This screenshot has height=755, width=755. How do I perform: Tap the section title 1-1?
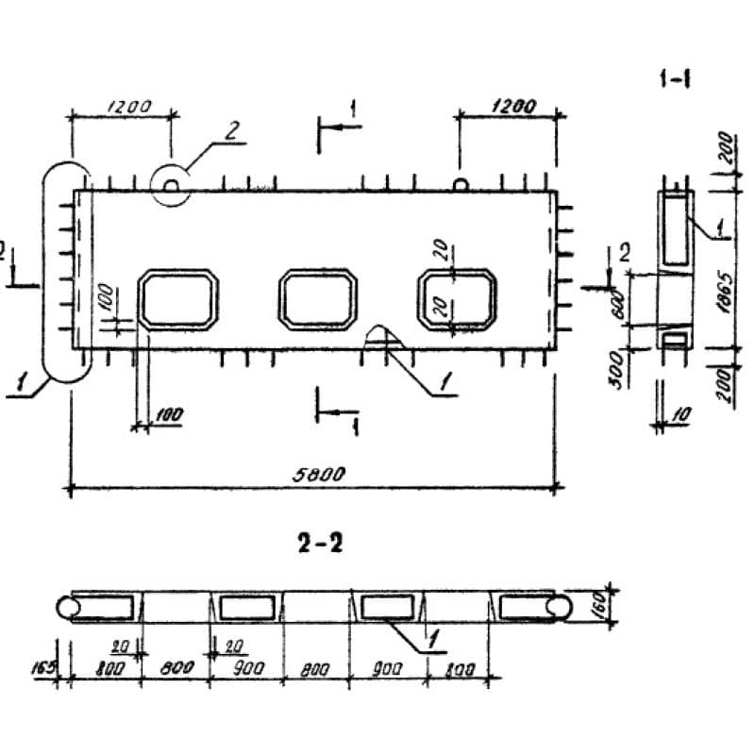tap(676, 81)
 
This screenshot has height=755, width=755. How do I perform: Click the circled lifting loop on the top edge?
tap(171, 183)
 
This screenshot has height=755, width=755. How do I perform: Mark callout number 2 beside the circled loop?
tap(230, 130)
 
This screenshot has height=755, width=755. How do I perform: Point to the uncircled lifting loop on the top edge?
tap(460, 183)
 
